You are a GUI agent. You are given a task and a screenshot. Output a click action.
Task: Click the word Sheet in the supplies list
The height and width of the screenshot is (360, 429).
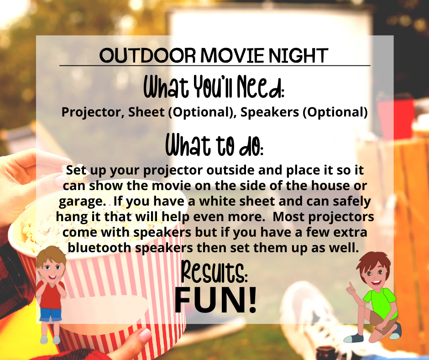(146, 112)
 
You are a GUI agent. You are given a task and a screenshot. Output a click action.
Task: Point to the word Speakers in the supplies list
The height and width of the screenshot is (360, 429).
(269, 112)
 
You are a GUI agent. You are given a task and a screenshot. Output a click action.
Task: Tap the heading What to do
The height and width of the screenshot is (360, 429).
(214, 145)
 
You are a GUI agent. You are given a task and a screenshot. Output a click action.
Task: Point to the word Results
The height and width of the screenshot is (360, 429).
(214, 272)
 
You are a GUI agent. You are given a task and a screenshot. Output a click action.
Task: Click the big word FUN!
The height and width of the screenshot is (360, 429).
(215, 300)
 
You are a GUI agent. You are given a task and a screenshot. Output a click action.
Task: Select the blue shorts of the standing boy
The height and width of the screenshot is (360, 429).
(50, 314)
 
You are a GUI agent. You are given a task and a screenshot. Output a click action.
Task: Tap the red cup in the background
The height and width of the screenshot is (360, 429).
(396, 118)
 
